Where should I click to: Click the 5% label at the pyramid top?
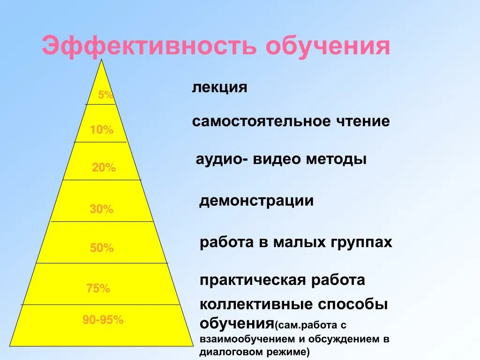(105, 95)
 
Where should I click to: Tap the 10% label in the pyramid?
(102, 130)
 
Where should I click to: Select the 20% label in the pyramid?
(104, 167)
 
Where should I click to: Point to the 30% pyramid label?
(102, 209)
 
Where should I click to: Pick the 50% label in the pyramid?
(102, 248)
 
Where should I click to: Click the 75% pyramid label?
(98, 289)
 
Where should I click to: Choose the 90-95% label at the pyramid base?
(103, 320)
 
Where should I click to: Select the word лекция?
(219, 88)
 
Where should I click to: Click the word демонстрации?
(256, 201)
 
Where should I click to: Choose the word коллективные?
(256, 305)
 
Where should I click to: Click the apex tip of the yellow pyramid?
(101, 60)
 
